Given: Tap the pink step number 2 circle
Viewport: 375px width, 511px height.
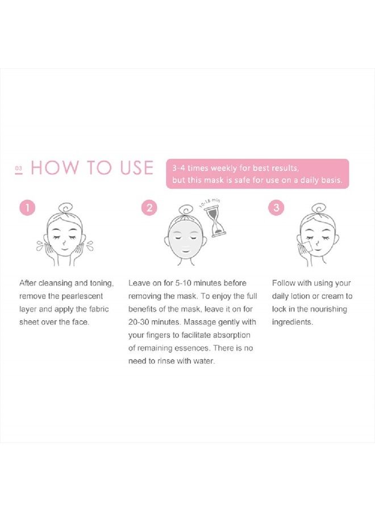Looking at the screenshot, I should click(x=148, y=208).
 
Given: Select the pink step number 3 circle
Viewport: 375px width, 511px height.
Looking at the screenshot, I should click(x=276, y=208).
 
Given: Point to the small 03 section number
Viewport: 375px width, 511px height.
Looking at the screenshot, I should click(x=18, y=169).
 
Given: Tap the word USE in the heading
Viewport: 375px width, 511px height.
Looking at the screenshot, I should click(x=131, y=168).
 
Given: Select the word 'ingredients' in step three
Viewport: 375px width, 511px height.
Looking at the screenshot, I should click(x=291, y=322).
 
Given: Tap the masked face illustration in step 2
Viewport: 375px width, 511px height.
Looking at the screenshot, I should click(x=186, y=238).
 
